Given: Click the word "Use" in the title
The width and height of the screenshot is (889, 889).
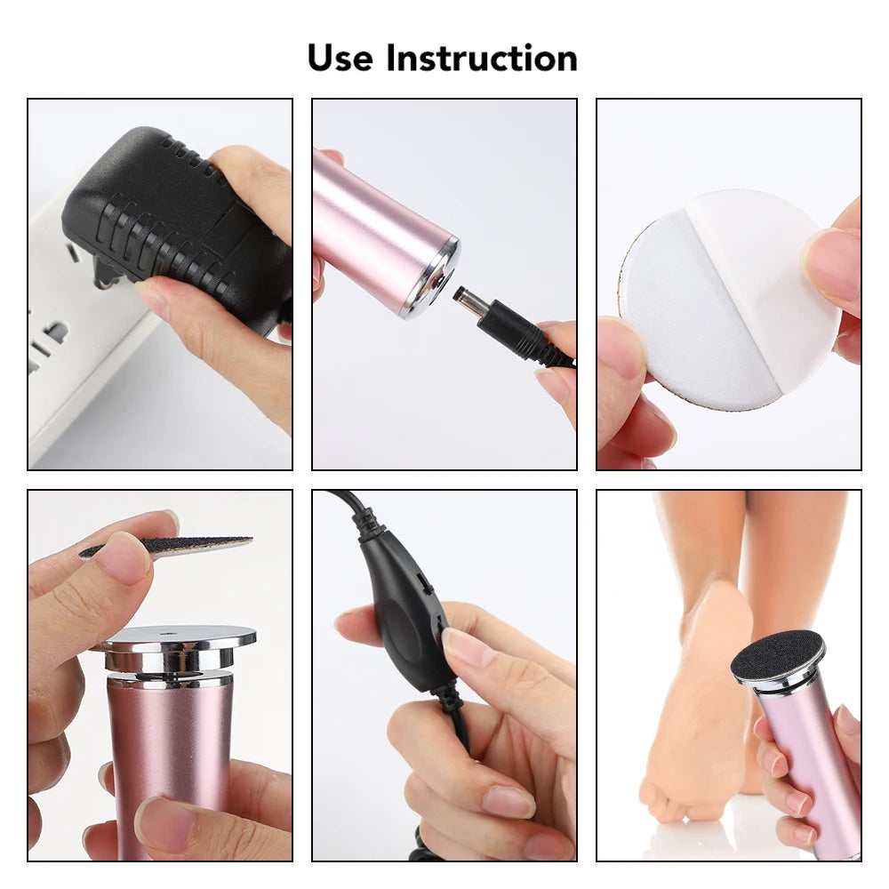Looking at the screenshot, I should pyautogui.click(x=340, y=59).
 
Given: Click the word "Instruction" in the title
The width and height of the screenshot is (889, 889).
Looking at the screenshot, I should pyautogui.click(x=481, y=59).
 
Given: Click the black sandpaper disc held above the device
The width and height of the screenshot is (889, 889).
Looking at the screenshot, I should pyautogui.click(x=169, y=545).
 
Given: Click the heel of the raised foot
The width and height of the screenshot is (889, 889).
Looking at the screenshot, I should pyautogui.click(x=716, y=613).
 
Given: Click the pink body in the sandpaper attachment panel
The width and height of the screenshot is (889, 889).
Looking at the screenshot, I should pyautogui.click(x=169, y=765).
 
